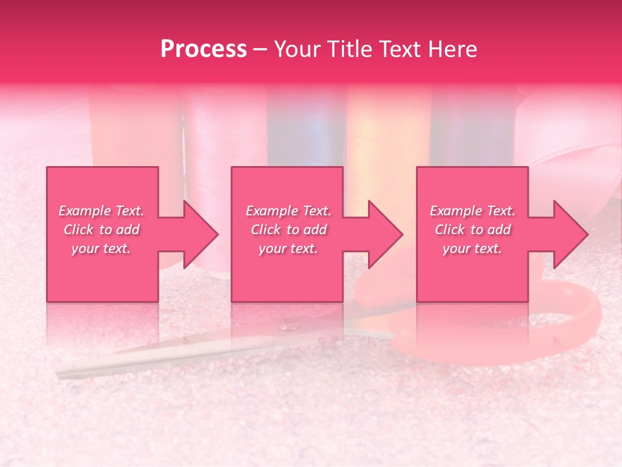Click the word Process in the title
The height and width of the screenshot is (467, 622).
point(203,49)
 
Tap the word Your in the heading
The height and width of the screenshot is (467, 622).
point(299,49)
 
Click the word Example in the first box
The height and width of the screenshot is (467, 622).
point(84,211)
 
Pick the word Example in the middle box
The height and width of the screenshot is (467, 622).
point(271,211)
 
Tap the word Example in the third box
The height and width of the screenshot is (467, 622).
point(455,211)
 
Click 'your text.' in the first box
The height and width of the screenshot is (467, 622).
point(101,248)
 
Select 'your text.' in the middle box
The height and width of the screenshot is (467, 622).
point(288,248)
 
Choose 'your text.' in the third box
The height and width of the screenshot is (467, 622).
point(472,248)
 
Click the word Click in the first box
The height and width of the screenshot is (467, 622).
point(79,230)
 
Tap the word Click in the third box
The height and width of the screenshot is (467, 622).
point(450,230)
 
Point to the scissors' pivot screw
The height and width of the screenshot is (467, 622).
point(289,326)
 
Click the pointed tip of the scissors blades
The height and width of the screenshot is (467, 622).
point(60,373)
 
